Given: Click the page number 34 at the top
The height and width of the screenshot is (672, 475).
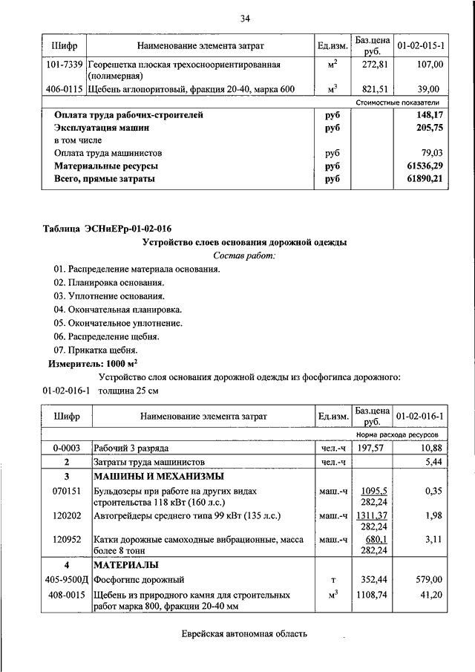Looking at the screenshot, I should [246, 18].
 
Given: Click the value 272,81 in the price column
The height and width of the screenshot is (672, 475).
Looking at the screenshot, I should [372, 65].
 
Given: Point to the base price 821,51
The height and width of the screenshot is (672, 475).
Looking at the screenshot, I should [372, 89].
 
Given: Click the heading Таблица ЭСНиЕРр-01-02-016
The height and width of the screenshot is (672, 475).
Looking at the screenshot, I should [112, 228].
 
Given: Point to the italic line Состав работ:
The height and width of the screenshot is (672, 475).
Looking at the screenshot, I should [243, 255].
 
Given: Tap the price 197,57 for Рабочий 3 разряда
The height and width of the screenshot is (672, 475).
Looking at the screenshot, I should [372, 448].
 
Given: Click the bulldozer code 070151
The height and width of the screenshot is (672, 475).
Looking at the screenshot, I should [67, 492].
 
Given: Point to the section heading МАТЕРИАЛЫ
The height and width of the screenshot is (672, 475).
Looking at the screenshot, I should [124, 564].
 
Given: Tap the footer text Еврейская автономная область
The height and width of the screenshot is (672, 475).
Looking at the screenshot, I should [244, 633].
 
